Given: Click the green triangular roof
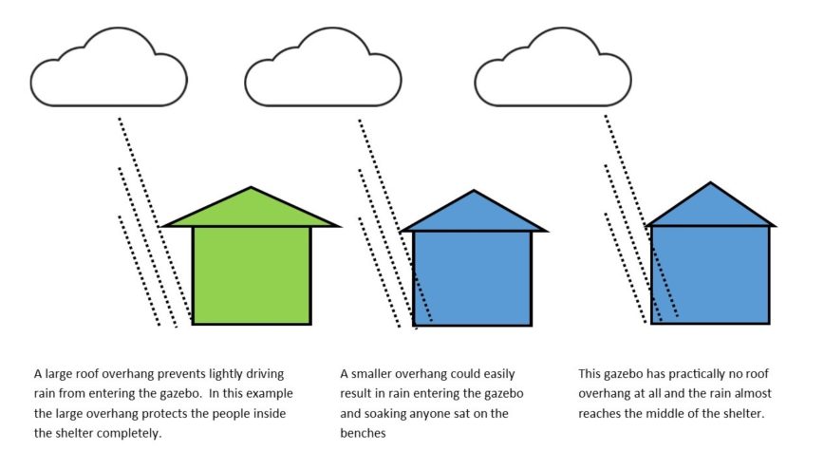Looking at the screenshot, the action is point(252,210).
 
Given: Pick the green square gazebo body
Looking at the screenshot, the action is point(252,275).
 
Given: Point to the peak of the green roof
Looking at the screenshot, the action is point(252,187).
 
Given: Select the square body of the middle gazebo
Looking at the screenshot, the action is point(473,278).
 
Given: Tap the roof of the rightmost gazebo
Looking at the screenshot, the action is point(710,208).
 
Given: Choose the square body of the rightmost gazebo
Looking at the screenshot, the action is point(710,275).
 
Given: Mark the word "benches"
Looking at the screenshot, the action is point(363,433).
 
